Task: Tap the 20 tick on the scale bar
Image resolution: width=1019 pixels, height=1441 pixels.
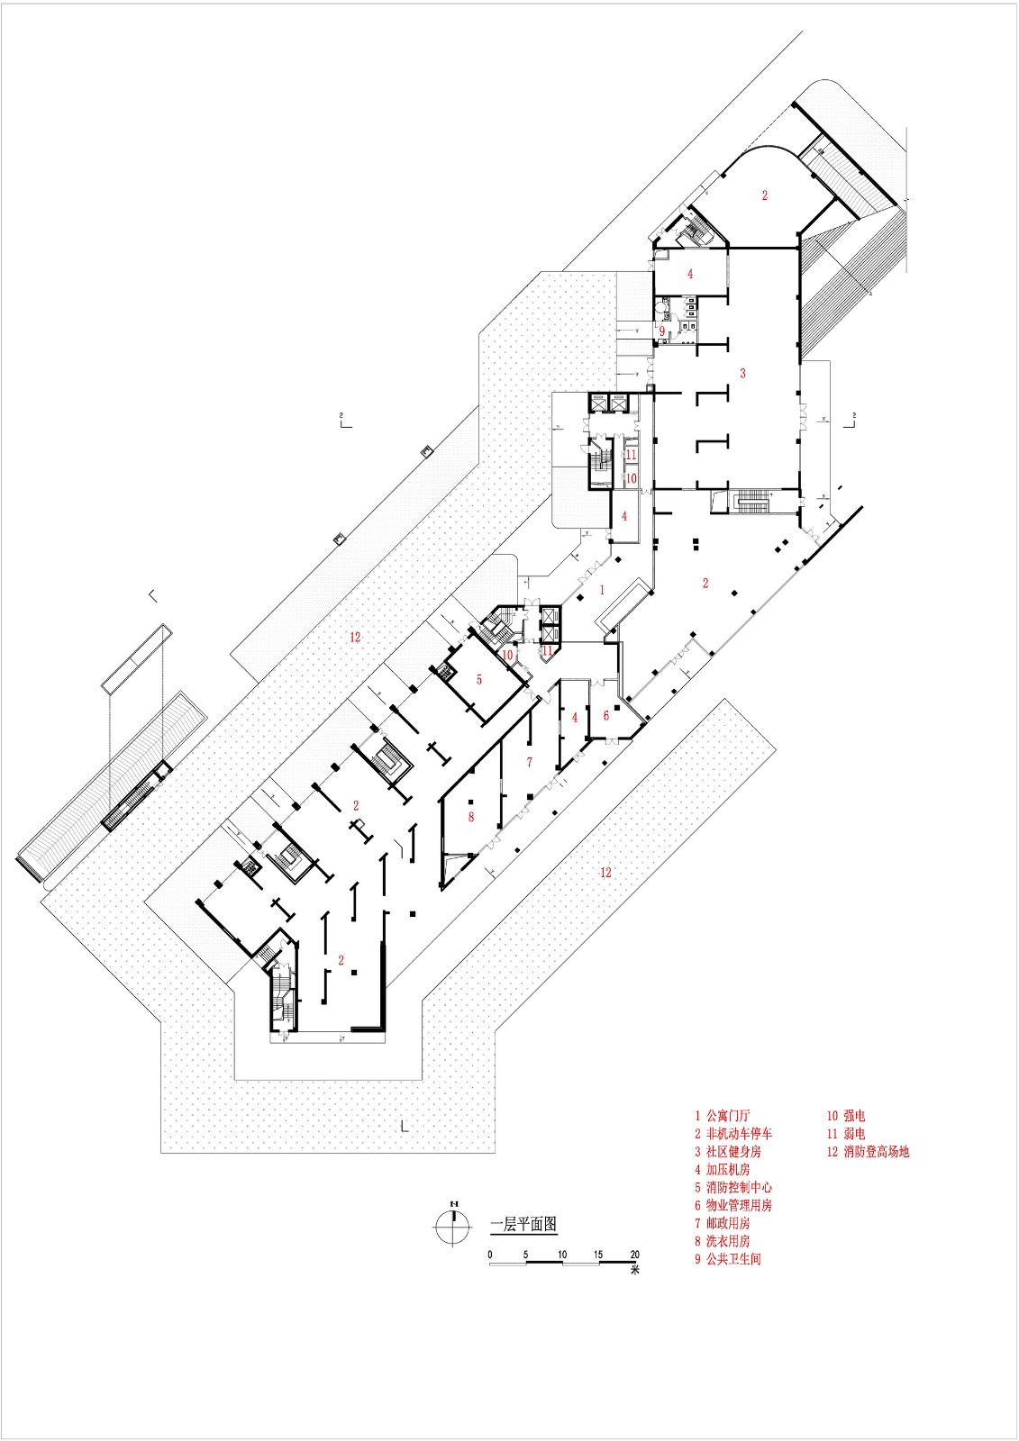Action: [x=634, y=1255]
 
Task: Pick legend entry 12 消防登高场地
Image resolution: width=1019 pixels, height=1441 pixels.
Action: [x=868, y=1152]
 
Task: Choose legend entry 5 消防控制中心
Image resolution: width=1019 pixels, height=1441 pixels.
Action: [x=732, y=1188]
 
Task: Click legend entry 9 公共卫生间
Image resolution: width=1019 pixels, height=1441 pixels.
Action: [x=727, y=1259]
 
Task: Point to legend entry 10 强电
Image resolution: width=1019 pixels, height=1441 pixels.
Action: [x=846, y=1116]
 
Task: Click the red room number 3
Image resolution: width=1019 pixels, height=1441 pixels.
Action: [x=742, y=373]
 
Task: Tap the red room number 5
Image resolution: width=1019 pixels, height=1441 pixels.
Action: [x=479, y=679]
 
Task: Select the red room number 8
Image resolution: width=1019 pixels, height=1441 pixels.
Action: [x=470, y=817]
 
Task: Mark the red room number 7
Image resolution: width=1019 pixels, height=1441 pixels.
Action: [x=529, y=763]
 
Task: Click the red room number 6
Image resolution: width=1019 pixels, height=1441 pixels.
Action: [x=606, y=715]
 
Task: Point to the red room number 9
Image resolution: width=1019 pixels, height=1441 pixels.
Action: [x=661, y=331]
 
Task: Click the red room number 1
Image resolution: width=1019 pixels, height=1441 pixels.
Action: [x=603, y=591]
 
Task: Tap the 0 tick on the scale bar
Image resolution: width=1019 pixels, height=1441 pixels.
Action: [x=490, y=1255]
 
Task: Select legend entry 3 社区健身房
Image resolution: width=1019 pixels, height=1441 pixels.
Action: [x=727, y=1152]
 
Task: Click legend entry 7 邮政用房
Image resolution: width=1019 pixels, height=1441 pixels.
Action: [x=722, y=1223]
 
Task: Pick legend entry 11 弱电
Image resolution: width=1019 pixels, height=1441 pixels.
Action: [x=846, y=1134]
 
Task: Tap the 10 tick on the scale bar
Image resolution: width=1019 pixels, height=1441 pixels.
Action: [x=562, y=1255]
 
